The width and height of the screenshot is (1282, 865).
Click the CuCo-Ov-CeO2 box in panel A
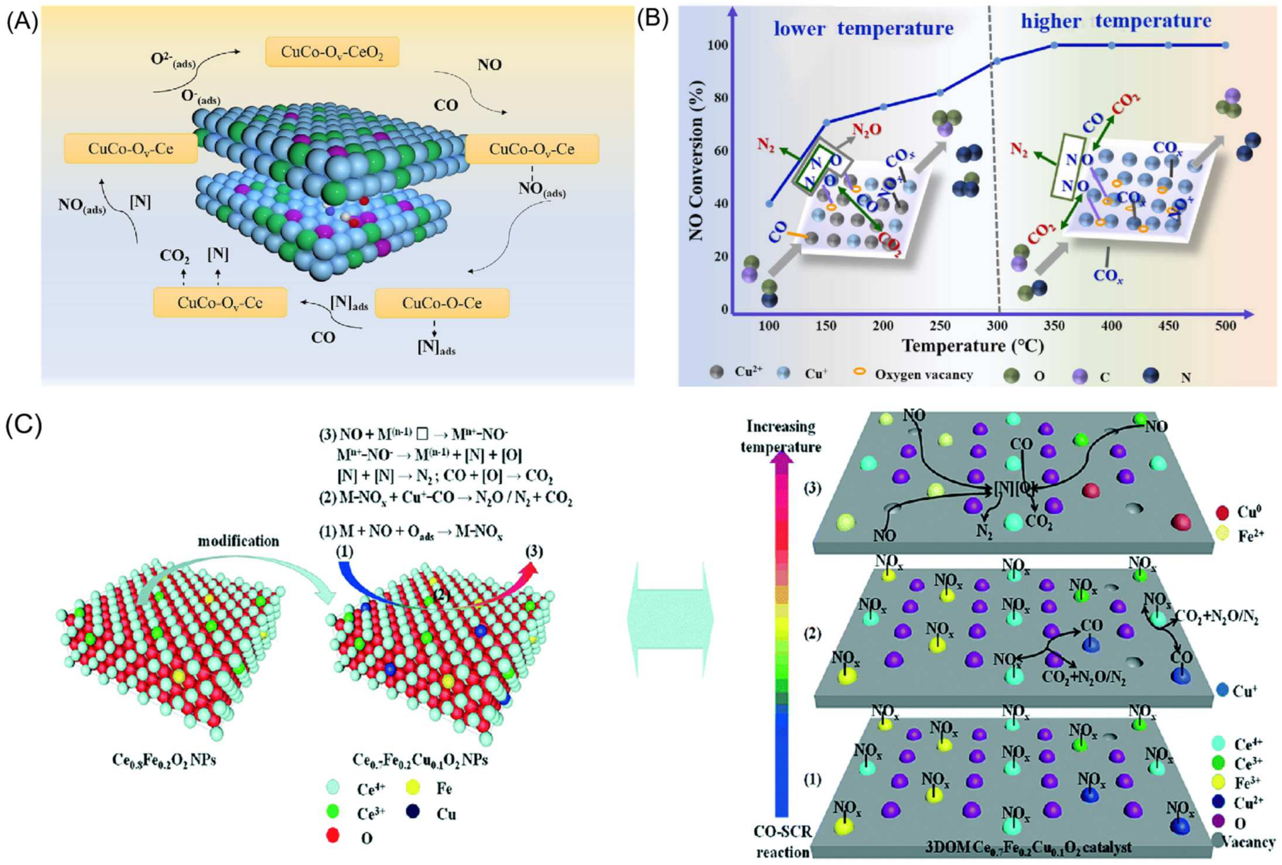pos(332,52)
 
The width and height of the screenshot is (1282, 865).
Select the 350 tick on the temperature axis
pos(1054,326)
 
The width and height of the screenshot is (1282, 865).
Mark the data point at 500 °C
pos(1225,45)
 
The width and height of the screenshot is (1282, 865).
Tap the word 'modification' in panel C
pos(239,541)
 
